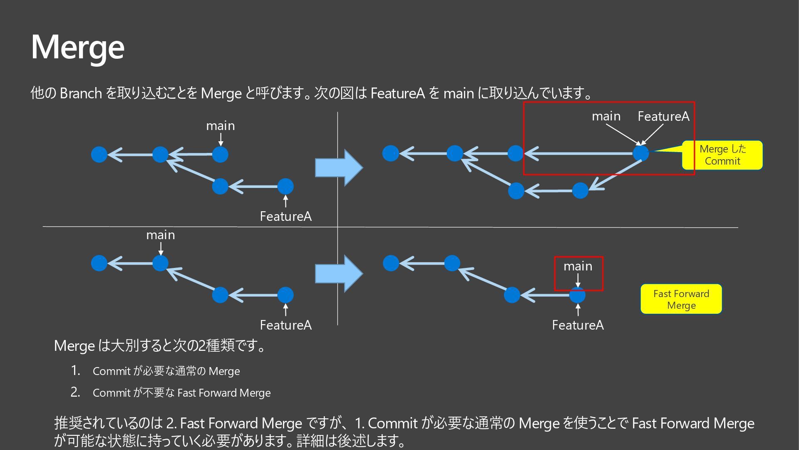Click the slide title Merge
(x=78, y=47)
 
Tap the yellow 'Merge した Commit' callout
(x=722, y=155)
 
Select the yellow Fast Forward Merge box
(x=681, y=299)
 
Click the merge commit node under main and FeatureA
(x=641, y=153)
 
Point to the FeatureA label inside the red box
(x=663, y=116)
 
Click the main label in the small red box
(x=578, y=266)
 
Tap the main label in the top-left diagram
(x=220, y=125)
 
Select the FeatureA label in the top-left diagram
(x=285, y=216)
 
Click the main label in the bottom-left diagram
(x=160, y=235)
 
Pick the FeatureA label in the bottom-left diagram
(x=285, y=325)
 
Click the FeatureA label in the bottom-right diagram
(x=578, y=325)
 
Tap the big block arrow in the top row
(x=339, y=167)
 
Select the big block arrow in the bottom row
(x=339, y=274)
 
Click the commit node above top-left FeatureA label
(x=285, y=186)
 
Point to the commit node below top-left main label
(x=220, y=155)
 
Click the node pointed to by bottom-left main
(x=160, y=263)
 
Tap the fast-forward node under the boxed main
(x=577, y=295)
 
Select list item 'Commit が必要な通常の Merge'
(x=166, y=371)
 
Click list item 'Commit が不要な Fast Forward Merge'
(x=181, y=393)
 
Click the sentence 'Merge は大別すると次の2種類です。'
(x=160, y=346)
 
